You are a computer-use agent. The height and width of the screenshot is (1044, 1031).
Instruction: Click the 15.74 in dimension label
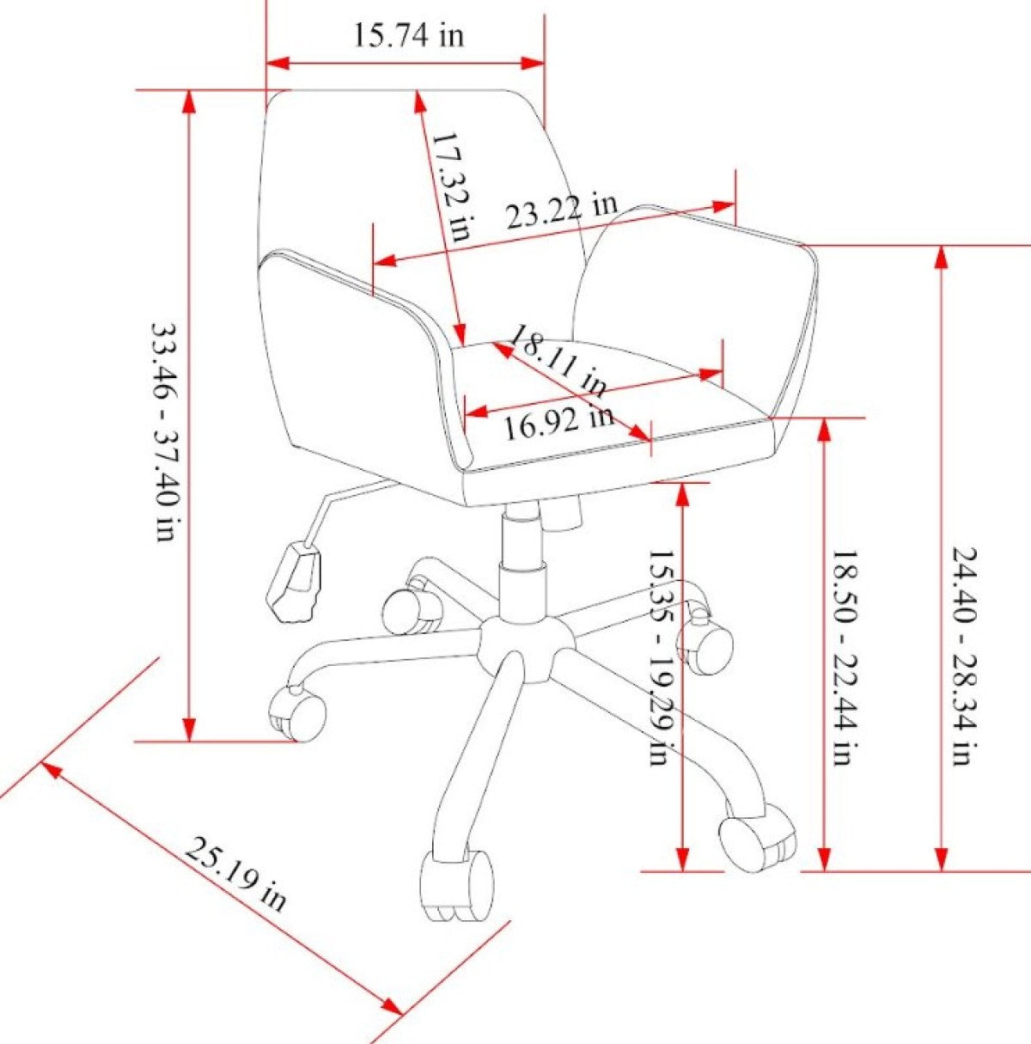409,36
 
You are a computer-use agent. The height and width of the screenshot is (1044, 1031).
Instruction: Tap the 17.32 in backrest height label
449,187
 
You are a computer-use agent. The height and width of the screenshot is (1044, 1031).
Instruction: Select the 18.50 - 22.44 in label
846,657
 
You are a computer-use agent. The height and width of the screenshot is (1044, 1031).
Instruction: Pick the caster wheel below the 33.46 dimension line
298,713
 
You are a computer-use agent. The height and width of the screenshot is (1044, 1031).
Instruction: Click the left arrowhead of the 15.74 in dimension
278,63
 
